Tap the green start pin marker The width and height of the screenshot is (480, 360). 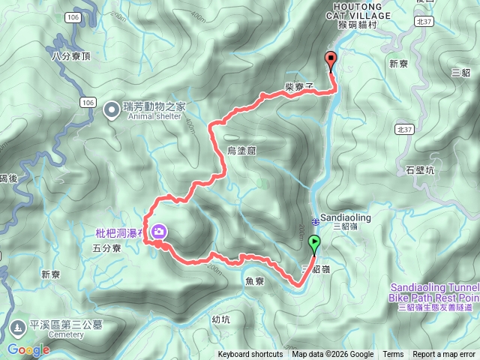[313, 243]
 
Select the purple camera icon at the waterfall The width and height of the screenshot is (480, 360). [159, 232]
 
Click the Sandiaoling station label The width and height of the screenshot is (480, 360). [345, 218]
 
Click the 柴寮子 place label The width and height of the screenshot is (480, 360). [298, 87]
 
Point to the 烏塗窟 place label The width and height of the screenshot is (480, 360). [241, 151]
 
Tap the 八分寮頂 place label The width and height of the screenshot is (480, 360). [71, 55]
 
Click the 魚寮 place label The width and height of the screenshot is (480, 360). [255, 281]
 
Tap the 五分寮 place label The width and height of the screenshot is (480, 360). [106, 247]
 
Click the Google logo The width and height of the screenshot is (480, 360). [28, 349]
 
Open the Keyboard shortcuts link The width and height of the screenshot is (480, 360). [250, 355]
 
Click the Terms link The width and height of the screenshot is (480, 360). [393, 355]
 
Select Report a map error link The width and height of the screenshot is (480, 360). [445, 355]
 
